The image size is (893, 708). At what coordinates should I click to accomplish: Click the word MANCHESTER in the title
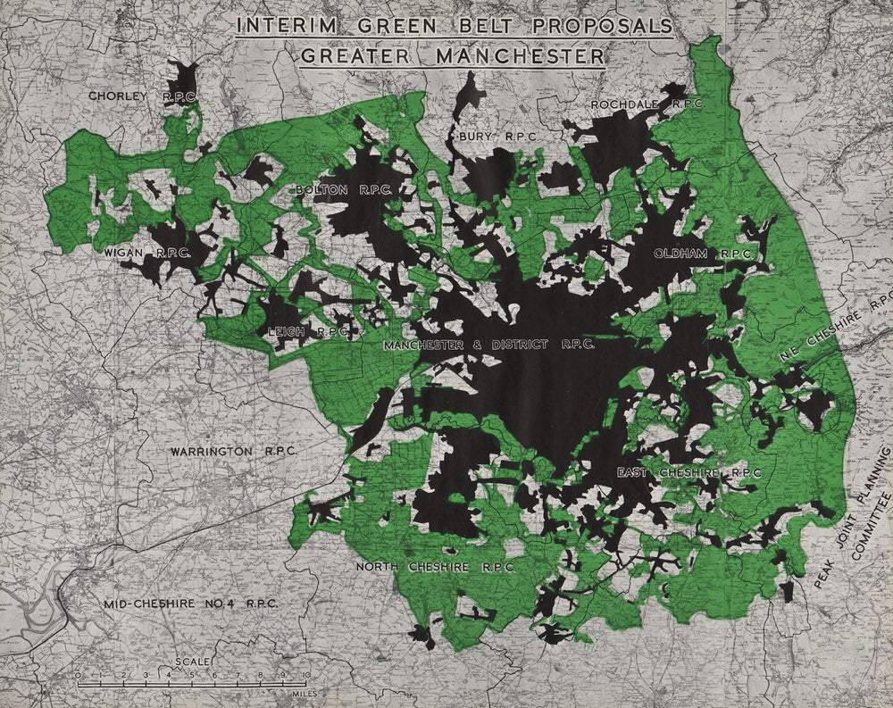coord(521,55)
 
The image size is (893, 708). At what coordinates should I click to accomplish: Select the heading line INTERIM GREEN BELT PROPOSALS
coord(455,24)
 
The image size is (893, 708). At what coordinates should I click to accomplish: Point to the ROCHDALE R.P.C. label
coord(647,104)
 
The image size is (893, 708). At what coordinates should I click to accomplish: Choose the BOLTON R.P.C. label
coord(343,190)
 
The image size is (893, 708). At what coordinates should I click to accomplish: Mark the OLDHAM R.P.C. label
coord(701,254)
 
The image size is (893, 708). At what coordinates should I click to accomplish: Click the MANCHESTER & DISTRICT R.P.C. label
coord(488,344)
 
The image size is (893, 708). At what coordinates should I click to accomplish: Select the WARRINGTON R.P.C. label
coord(234,452)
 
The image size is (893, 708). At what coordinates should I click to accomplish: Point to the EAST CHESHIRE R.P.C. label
coord(689,471)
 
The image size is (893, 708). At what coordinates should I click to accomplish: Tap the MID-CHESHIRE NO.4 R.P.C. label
coord(189,604)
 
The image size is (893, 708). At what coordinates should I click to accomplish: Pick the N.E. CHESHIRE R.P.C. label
coord(838,326)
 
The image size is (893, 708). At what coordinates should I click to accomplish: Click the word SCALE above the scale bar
coord(193,662)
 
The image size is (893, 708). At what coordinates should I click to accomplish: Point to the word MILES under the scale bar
coord(294,691)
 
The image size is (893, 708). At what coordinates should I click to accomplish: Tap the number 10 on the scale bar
coord(305,675)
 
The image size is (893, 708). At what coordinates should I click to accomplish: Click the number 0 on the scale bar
coord(79,675)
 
